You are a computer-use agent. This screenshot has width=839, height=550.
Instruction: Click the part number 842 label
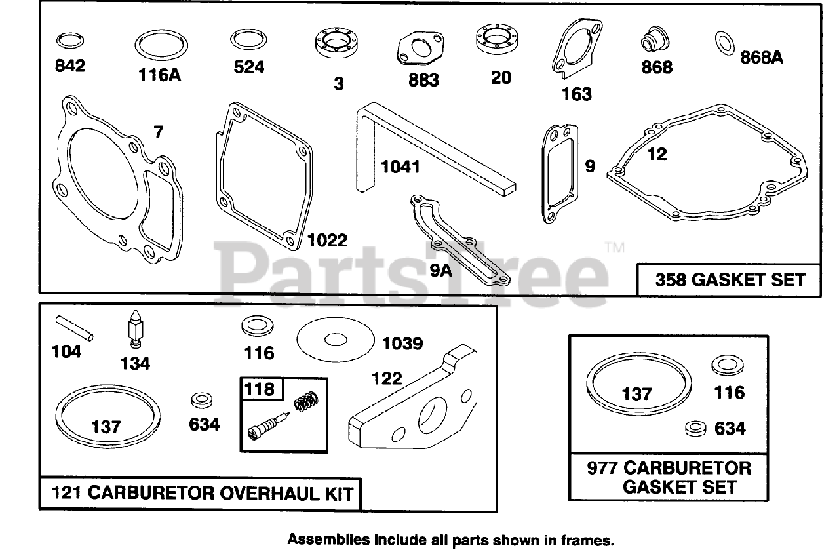70,66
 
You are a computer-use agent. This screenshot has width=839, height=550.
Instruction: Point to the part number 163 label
576,94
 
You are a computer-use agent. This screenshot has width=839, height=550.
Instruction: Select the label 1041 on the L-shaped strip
400,167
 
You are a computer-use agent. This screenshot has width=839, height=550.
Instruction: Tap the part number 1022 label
327,241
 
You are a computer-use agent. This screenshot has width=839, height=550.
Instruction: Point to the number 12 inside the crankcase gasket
656,154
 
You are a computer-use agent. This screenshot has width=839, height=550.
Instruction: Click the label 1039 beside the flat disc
402,344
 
